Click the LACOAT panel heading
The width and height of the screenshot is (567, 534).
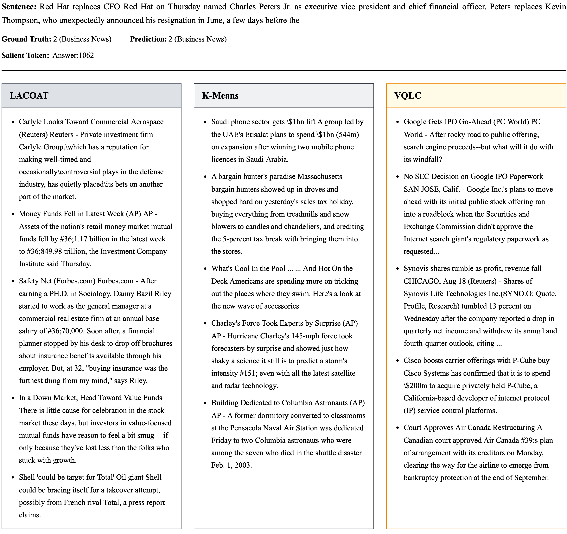29,96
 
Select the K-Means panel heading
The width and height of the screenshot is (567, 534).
220,96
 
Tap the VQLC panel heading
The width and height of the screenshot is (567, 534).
408,96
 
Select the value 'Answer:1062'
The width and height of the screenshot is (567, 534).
73,55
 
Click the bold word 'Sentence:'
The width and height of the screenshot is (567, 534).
19,7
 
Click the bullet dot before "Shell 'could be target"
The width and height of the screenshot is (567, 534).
13,478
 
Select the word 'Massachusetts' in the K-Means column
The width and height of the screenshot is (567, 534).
319,177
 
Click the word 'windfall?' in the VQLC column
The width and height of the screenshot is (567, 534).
423,159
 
